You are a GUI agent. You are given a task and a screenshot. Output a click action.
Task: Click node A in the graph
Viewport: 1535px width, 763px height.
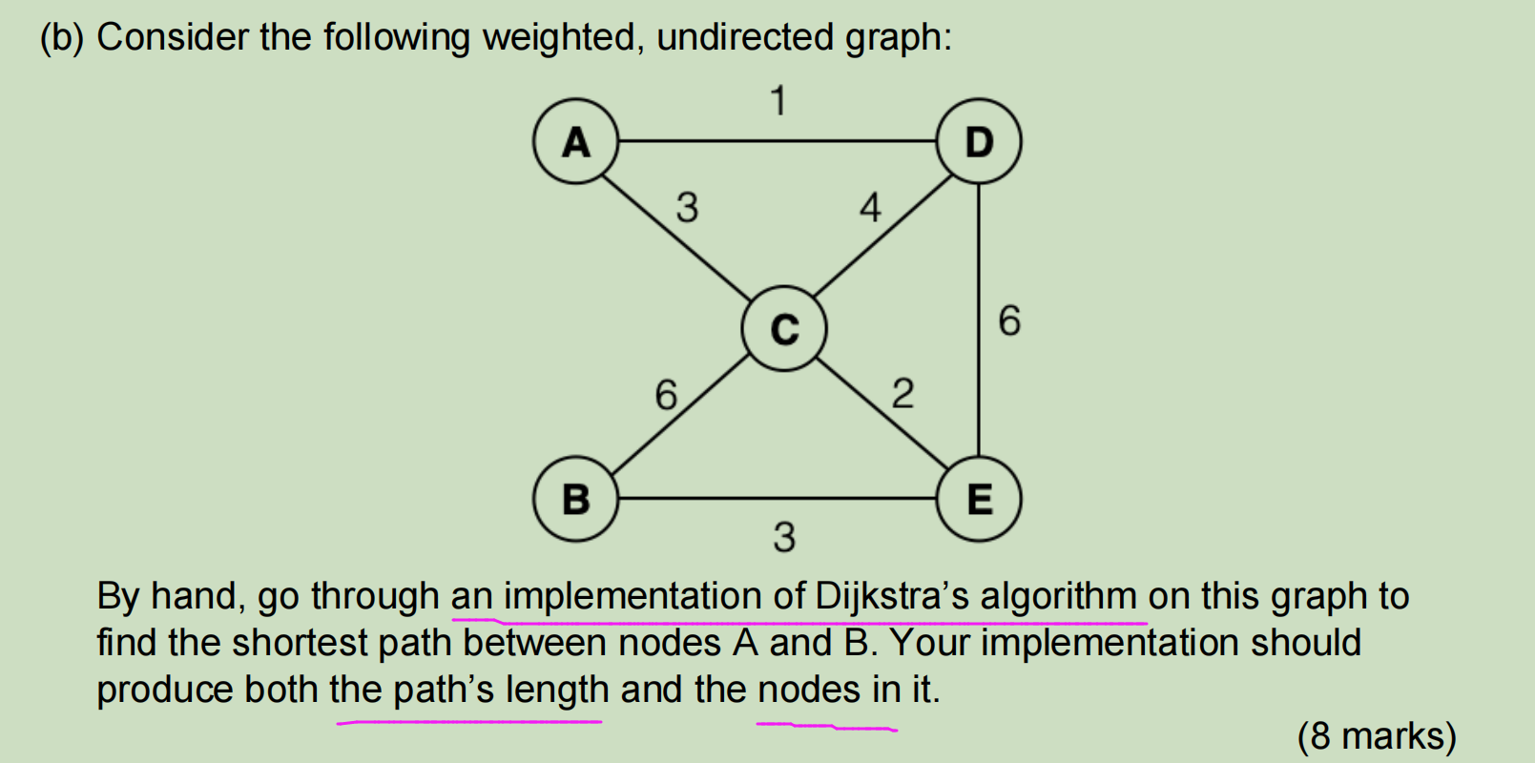click(575, 141)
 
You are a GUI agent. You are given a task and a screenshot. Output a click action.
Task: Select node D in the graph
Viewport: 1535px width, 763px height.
click(979, 141)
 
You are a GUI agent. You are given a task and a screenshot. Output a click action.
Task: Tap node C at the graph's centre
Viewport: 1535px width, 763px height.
click(784, 328)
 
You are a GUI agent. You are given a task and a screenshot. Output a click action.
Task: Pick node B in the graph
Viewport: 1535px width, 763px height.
click(575, 499)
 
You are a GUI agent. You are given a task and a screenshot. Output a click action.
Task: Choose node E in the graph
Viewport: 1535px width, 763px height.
click(979, 499)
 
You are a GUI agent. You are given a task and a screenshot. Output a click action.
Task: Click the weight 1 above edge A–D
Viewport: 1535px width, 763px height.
click(778, 100)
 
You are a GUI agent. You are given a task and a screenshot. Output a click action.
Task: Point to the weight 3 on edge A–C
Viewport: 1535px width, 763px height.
click(687, 207)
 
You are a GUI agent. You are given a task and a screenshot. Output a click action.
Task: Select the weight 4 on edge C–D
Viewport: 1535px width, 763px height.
click(870, 207)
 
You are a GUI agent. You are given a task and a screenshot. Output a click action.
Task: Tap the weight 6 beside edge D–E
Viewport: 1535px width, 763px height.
click(1009, 320)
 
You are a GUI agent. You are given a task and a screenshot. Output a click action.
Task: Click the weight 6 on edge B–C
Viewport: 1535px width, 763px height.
click(666, 394)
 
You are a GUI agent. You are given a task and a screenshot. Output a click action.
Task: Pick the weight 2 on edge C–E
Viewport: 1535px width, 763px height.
click(902, 393)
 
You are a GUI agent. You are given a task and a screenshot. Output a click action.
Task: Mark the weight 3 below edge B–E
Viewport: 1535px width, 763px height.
click(784, 537)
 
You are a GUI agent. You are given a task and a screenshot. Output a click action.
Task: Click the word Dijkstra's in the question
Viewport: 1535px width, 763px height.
click(892, 596)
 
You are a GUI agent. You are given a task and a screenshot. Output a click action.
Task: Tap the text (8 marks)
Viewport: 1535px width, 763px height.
click(1377, 735)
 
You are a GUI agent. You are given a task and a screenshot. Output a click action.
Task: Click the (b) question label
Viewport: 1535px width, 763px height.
click(62, 37)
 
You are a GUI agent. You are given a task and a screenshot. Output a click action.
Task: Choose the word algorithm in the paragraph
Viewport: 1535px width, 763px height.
click(1059, 596)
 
